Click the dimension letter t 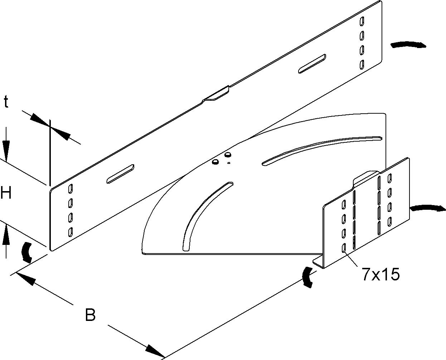(x=6, y=102)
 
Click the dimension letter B (x=90, y=315)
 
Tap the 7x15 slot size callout (x=381, y=274)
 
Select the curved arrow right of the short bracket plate (x=427, y=208)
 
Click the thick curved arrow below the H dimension (x=27, y=252)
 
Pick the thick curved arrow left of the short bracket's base (x=307, y=277)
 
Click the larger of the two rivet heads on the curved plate (x=228, y=155)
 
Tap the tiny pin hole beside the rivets (x=229, y=163)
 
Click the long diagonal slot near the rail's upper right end (x=312, y=64)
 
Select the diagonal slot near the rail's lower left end (x=120, y=174)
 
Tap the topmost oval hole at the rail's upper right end (x=362, y=22)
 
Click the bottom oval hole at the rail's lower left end (x=71, y=232)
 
